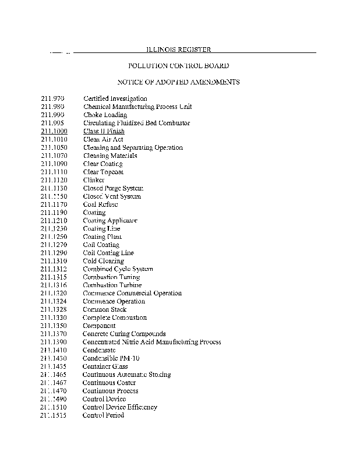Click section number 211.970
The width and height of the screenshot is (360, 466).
(52, 99)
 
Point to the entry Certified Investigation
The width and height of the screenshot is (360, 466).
(115, 99)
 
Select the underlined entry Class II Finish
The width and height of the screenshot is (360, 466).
(104, 132)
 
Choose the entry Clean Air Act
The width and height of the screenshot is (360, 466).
(103, 140)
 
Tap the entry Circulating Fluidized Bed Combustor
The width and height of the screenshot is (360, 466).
(136, 123)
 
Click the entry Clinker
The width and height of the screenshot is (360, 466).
(94, 181)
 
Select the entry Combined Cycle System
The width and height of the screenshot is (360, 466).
(118, 269)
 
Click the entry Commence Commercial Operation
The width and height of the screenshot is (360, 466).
(132, 294)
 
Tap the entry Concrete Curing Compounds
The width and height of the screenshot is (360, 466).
(124, 334)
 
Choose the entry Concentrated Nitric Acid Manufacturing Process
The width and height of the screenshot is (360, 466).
(151, 343)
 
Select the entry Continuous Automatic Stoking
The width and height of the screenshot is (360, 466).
(126, 375)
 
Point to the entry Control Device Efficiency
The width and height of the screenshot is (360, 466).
(120, 408)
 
